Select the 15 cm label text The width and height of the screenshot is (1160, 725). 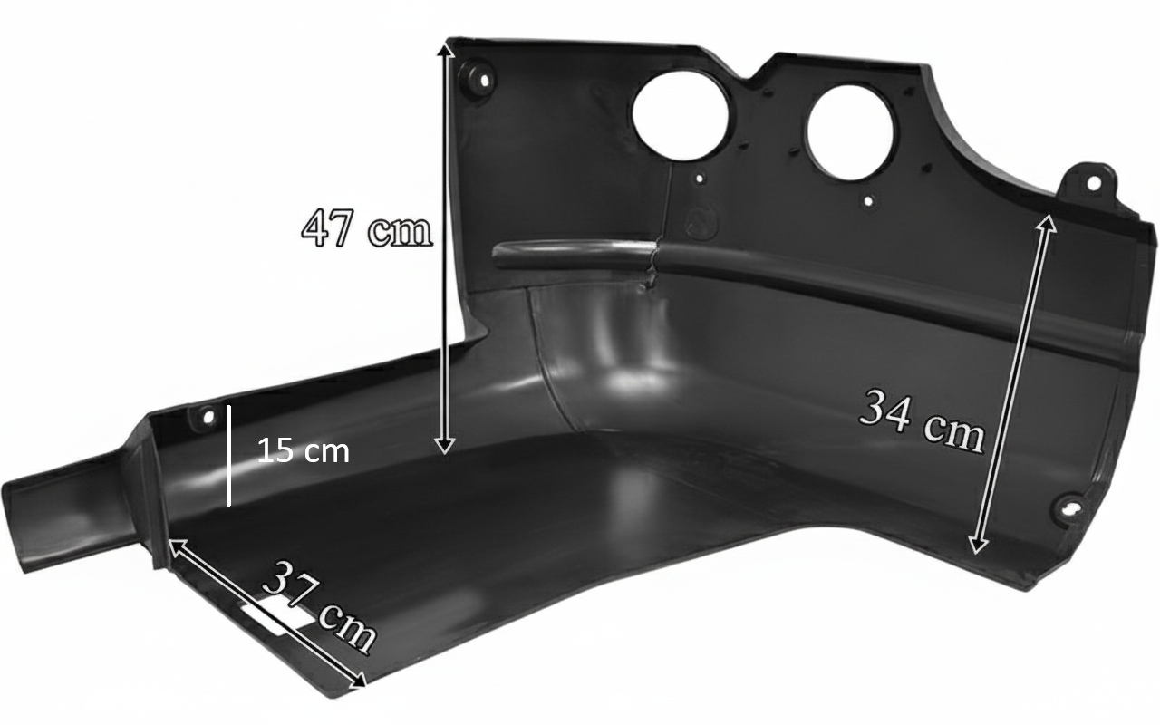click(x=304, y=450)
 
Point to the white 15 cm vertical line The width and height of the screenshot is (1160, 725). click(x=228, y=455)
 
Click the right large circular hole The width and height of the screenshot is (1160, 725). click(x=850, y=133)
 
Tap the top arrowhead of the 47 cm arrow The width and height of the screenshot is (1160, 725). click(x=445, y=50)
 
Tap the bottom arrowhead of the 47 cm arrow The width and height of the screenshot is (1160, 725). click(x=444, y=447)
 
